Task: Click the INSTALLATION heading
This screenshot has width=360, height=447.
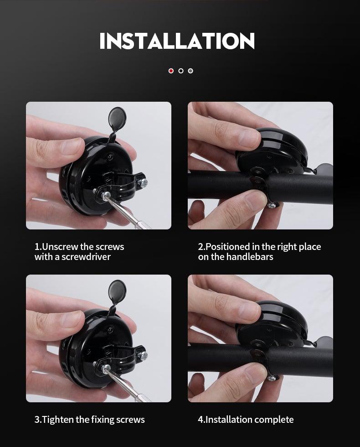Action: click(177, 41)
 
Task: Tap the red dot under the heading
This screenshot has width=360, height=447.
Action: click(171, 71)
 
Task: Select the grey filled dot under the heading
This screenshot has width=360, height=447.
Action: click(190, 71)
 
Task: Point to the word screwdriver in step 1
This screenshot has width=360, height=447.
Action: click(86, 257)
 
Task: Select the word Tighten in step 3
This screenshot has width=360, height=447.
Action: click(57, 420)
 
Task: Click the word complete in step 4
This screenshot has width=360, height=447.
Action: click(274, 420)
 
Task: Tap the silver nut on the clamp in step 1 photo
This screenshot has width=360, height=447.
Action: click(144, 182)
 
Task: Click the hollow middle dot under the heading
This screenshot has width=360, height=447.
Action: click(181, 71)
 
